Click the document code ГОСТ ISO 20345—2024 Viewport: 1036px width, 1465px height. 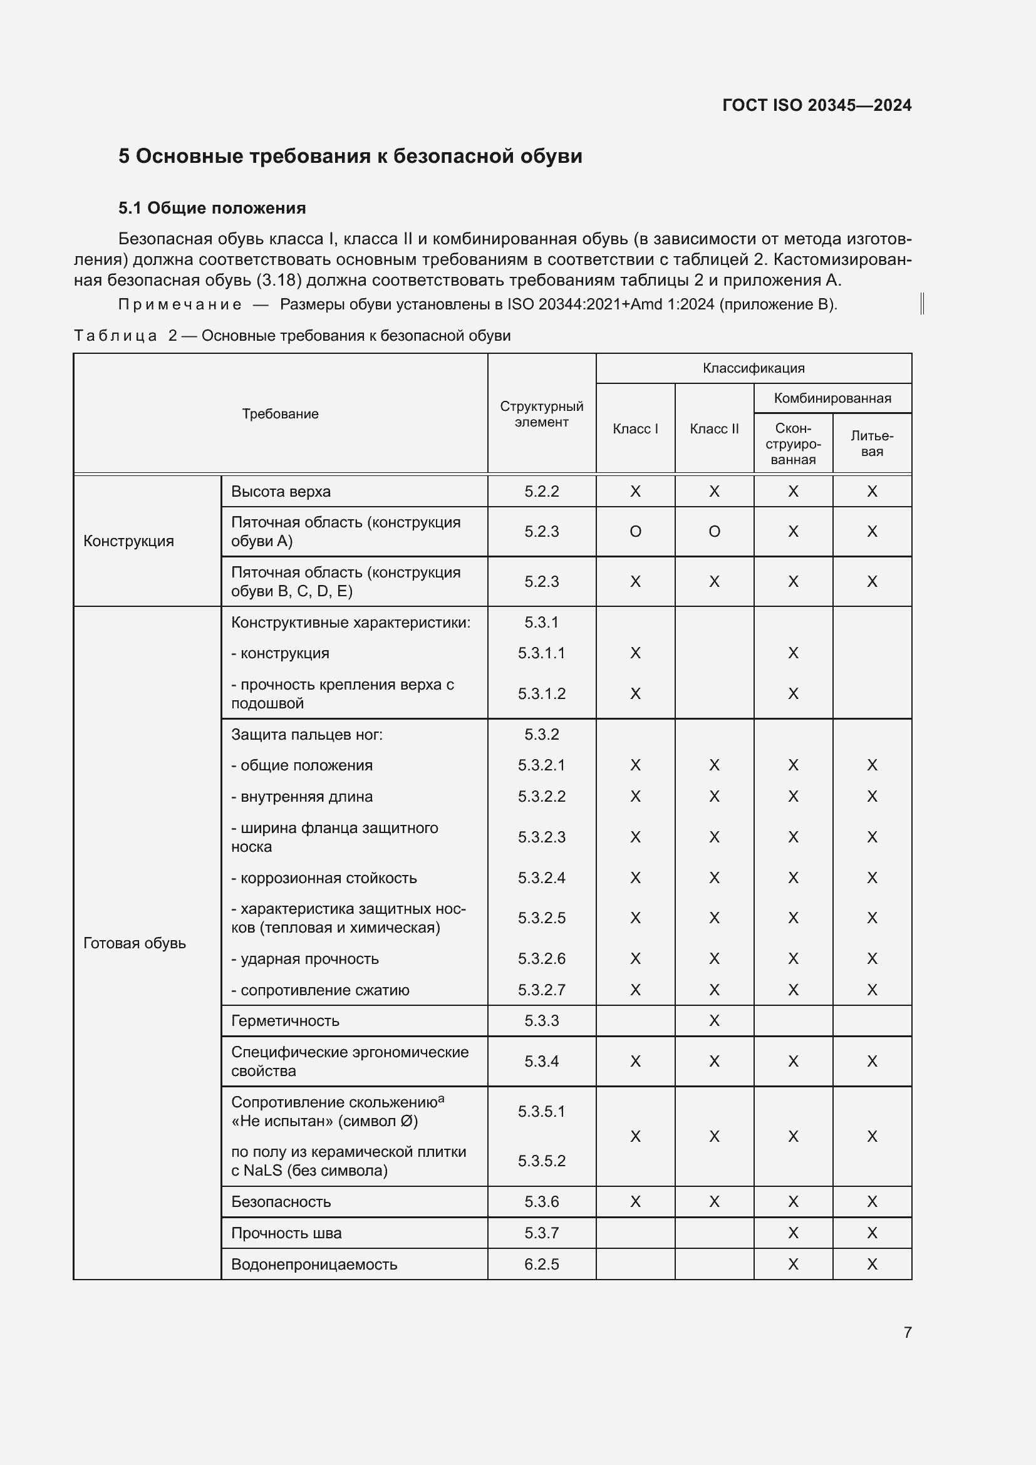tap(816, 105)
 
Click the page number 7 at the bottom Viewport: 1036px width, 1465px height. tap(907, 1332)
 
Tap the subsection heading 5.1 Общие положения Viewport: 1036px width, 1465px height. tap(212, 208)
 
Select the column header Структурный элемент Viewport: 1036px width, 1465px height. tap(541, 414)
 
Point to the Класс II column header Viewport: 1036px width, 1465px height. tap(714, 429)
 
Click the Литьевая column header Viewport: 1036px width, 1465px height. tap(871, 443)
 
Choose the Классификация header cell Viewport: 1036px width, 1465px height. tap(754, 368)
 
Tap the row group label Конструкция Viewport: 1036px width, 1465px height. tap(128, 541)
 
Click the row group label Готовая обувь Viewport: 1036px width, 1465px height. tap(135, 943)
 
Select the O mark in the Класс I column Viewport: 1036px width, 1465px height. tap(635, 532)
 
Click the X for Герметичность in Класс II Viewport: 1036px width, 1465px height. tap(714, 1021)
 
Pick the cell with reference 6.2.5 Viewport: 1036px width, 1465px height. tap(541, 1264)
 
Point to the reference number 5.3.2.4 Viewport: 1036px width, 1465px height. tap(541, 878)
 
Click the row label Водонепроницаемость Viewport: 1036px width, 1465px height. tap(314, 1264)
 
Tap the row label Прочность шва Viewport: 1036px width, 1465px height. tap(286, 1233)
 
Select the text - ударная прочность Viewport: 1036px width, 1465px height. tap(304, 959)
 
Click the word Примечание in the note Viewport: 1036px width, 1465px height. tap(180, 305)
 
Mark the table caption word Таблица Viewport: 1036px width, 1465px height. tap(115, 336)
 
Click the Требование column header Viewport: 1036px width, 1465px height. tap(280, 414)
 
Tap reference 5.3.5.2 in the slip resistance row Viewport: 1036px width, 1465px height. tap(541, 1161)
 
